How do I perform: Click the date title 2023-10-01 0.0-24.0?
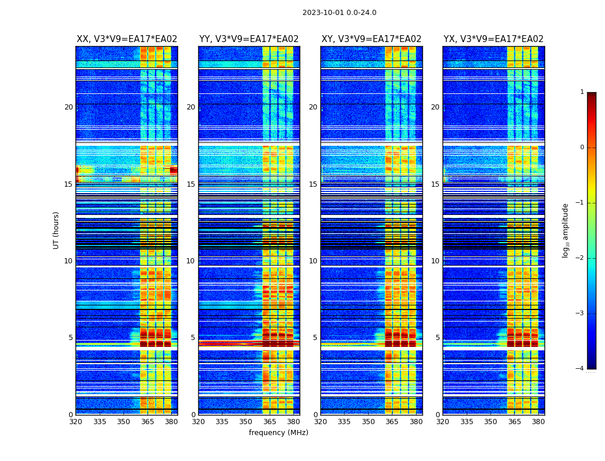pos(339,13)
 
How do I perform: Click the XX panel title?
pos(127,39)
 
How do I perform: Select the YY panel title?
pos(249,39)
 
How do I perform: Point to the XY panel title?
pos(371,39)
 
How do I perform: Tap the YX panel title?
pos(493,39)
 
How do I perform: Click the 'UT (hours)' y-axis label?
pos(56,230)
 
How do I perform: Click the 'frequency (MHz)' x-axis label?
pos(278,433)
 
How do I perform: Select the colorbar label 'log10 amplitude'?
pos(566,230)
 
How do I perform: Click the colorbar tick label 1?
pos(581,92)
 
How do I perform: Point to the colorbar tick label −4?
pos(580,369)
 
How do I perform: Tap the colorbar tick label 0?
pos(581,148)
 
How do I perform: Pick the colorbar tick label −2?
pos(580,258)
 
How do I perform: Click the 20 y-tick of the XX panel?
pos(69,107)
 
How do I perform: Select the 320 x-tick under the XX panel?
pos(75,422)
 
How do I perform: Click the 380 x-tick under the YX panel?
pos(538,422)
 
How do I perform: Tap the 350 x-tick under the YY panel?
pos(246,422)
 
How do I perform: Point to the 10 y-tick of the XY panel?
pos(313,261)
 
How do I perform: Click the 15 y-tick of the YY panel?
pos(191,184)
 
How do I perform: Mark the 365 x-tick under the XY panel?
pos(392,422)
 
